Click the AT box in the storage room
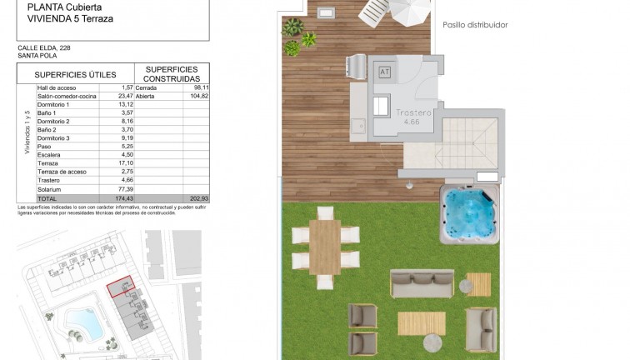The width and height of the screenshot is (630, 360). [x=384, y=72]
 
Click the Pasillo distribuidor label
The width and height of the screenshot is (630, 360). [x=475, y=25]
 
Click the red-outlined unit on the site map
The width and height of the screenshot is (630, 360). [x=122, y=287]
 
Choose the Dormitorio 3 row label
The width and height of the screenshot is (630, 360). [x=56, y=138]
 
